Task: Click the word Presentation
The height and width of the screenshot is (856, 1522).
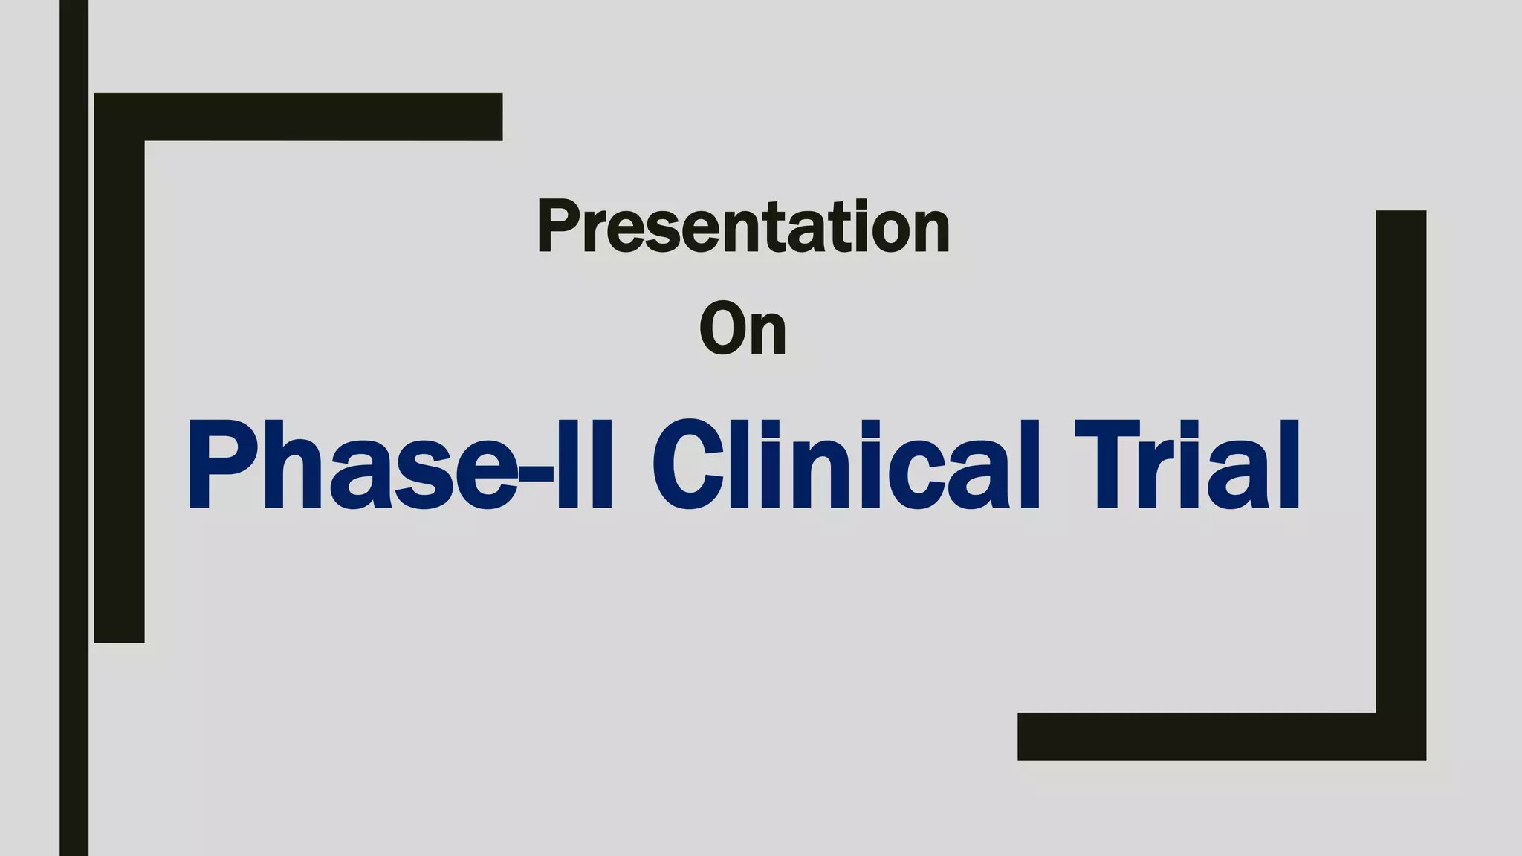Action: [x=743, y=227]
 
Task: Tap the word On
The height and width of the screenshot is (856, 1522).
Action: [x=742, y=329]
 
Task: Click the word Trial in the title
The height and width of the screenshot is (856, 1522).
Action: [x=1187, y=465]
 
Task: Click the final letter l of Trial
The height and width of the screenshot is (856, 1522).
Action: [x=1289, y=465]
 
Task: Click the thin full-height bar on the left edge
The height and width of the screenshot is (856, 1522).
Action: [x=74, y=428]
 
